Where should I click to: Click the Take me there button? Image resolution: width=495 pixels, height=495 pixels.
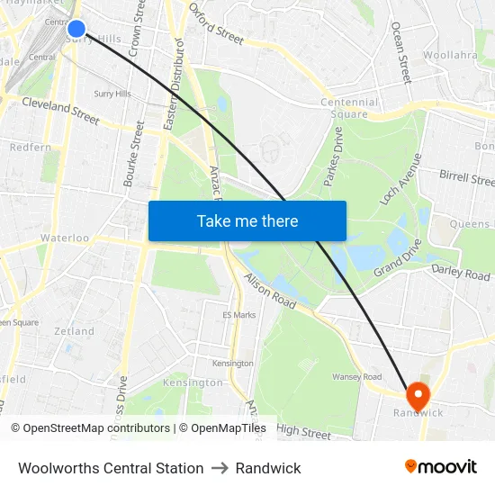247,220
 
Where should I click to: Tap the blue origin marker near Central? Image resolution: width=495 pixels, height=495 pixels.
76,29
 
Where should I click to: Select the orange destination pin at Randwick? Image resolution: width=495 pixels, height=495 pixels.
418,395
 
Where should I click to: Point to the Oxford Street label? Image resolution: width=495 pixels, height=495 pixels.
216,24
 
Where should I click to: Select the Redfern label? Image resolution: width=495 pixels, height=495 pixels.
31,147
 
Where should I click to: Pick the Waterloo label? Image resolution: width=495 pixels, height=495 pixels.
65,238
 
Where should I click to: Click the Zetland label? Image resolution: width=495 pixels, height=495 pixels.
74,331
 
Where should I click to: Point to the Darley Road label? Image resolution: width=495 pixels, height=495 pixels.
461,273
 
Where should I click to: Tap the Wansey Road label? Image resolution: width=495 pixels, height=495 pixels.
357,376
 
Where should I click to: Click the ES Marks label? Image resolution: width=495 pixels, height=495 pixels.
239,315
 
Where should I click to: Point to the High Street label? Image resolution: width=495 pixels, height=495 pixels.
304,433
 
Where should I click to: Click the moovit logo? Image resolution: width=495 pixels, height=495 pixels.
441,466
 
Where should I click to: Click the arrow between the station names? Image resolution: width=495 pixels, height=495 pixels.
220,468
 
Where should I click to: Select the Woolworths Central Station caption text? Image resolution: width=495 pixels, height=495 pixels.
111,468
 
